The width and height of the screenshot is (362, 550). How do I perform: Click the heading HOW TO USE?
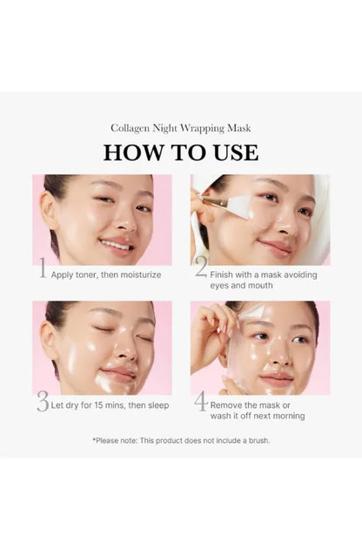181,153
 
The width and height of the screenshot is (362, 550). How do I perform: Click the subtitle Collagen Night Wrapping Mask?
181,128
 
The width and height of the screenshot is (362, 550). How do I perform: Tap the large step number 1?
43,268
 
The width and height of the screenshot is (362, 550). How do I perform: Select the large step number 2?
202,267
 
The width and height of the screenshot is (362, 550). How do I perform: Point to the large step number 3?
43,402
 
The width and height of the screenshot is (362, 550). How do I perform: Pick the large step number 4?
201,401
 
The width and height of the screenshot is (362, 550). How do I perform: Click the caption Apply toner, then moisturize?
106,275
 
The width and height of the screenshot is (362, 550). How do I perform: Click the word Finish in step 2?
221,275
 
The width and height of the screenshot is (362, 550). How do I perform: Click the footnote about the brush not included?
181,440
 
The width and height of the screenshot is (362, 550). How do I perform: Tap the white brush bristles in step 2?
243,207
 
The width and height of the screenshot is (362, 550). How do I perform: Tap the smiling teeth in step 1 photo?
116,244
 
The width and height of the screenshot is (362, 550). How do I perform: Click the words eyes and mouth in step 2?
242,286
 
